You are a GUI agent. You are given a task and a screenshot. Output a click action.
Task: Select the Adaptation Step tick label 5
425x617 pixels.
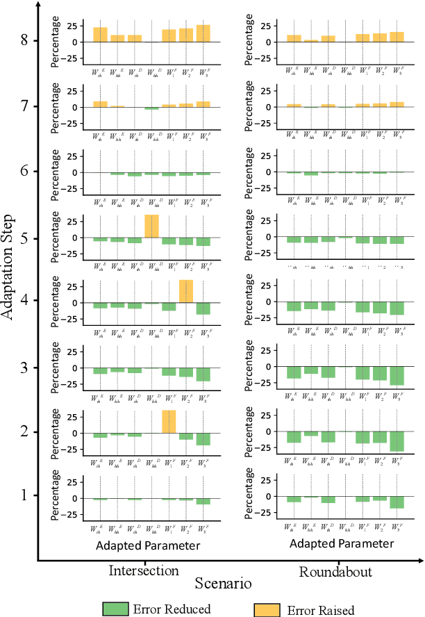tap(24, 238)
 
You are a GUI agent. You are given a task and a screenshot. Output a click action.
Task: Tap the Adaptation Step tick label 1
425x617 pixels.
tap(24, 496)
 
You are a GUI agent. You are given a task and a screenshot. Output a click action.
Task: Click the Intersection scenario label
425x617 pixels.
tap(144, 571)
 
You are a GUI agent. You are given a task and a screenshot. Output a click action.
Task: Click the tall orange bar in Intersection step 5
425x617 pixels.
tap(151, 227)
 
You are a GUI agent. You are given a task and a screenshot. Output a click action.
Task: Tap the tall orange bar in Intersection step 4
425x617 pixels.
tap(186, 291)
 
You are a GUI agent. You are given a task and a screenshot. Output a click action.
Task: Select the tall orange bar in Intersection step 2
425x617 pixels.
tap(169, 422)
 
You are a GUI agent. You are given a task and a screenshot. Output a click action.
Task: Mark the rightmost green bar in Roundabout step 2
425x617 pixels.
tap(397, 441)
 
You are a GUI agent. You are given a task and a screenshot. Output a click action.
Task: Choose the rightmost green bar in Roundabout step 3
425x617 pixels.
tap(397, 376)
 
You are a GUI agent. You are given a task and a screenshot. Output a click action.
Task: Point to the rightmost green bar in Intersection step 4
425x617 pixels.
tap(203, 308)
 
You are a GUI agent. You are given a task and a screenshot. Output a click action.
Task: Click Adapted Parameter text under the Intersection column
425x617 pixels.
tap(149, 545)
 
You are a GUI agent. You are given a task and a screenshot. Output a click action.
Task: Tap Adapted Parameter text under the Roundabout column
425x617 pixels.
tap(342, 543)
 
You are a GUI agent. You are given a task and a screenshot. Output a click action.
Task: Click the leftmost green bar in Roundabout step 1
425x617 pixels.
tap(294, 500)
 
